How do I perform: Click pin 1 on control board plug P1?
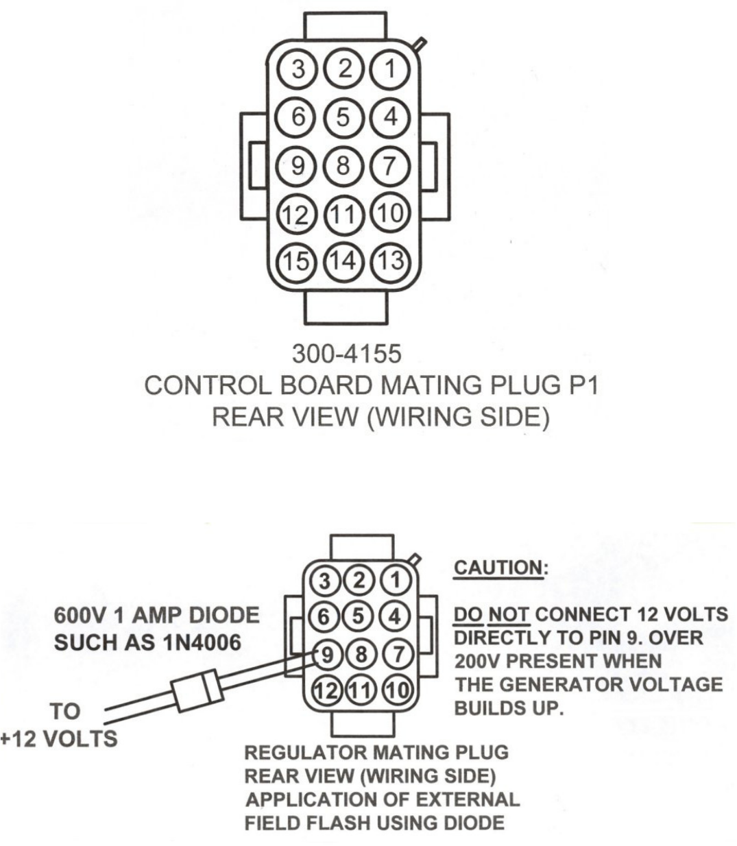(389, 69)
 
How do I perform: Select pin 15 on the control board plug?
(297, 261)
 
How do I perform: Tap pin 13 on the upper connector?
(389, 261)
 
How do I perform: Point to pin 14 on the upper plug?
(343, 261)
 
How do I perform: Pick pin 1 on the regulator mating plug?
(394, 580)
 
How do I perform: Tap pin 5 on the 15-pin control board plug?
(343, 117)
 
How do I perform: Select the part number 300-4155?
(346, 354)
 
